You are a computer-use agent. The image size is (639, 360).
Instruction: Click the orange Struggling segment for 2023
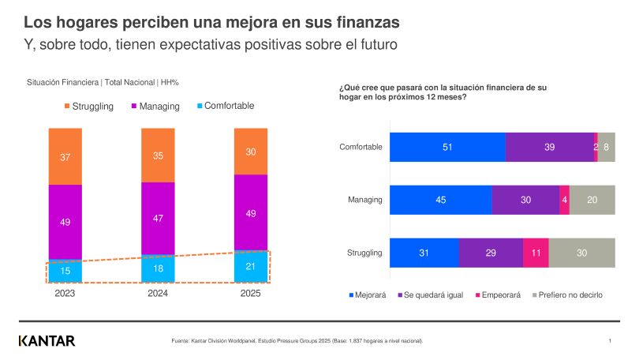coord(65,156)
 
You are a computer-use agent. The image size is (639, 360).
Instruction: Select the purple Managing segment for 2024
coord(158,218)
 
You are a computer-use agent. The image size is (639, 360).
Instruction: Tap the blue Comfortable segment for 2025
coord(251,266)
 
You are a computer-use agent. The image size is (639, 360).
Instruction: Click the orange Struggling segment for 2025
coord(251,152)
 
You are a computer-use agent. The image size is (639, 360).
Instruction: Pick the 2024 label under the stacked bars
coord(158,293)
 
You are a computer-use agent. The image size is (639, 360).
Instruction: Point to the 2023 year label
coord(65,293)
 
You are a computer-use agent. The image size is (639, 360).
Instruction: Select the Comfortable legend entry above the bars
coord(224,106)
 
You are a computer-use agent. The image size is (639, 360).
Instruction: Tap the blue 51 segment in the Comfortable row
coord(447,147)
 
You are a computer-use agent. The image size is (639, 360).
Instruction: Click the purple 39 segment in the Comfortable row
coord(549,147)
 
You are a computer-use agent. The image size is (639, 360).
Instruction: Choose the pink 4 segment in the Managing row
coord(564,200)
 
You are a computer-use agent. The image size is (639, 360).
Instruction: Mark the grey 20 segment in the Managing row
coord(592,200)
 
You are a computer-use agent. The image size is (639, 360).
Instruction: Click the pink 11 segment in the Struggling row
coord(536,253)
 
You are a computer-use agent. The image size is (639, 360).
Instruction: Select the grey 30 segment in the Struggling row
coord(581,253)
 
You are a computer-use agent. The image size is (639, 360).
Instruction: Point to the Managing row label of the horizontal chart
coord(364,200)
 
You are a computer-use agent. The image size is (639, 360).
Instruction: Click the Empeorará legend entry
coord(500,294)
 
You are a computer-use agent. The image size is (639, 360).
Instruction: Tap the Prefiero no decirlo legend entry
coord(570,294)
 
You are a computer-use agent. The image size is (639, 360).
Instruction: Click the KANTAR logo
coord(47,341)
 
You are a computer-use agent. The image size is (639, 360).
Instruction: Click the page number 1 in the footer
coord(611,341)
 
